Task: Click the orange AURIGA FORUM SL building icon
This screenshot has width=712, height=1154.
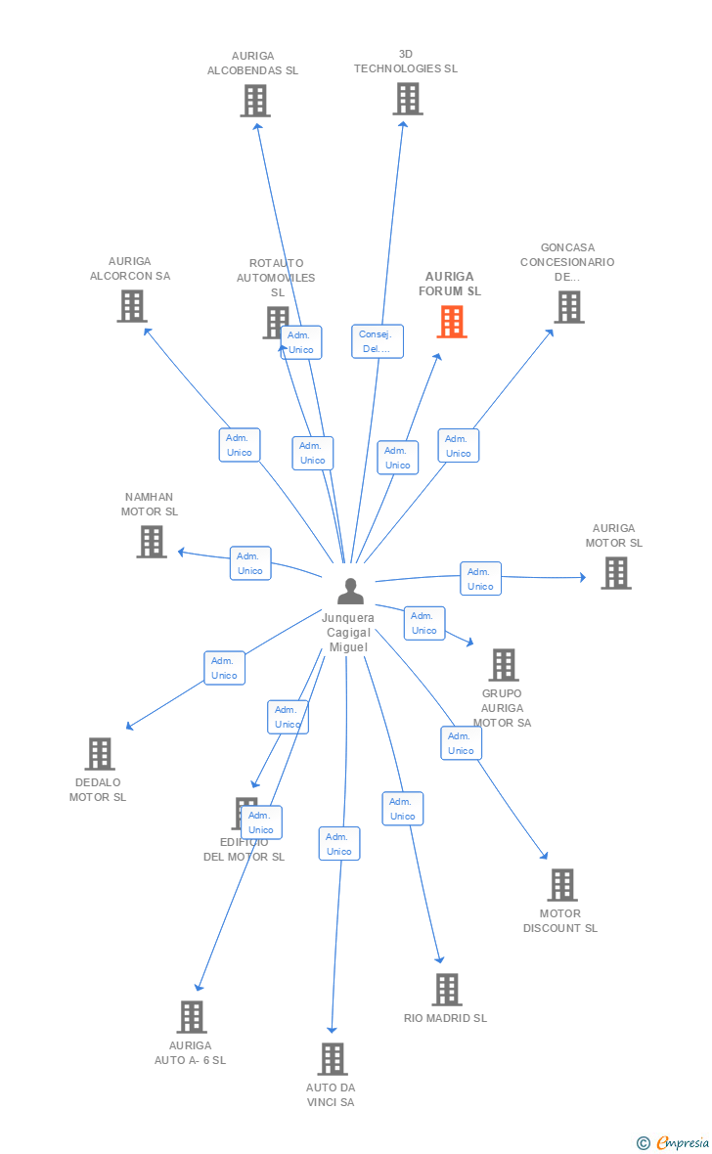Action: pyautogui.click(x=451, y=322)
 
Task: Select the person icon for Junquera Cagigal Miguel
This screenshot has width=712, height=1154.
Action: pyautogui.click(x=350, y=592)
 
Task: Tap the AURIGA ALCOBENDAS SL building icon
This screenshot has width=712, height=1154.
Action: pyautogui.click(x=254, y=101)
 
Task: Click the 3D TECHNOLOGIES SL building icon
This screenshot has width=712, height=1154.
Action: pyautogui.click(x=408, y=99)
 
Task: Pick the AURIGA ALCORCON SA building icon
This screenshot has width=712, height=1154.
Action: pyautogui.click(x=131, y=306)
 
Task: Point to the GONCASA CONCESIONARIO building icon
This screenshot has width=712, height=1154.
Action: pyautogui.click(x=568, y=306)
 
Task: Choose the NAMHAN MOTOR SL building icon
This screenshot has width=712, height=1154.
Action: pyautogui.click(x=152, y=542)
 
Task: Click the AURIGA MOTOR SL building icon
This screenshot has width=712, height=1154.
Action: pyautogui.click(x=615, y=573)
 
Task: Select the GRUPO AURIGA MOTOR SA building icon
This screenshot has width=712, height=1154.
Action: pyautogui.click(x=503, y=665)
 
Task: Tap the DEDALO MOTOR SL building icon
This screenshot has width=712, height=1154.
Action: pyautogui.click(x=100, y=754)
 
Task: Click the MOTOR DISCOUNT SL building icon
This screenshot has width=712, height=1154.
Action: pyautogui.click(x=561, y=885)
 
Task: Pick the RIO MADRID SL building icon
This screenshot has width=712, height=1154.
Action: pyautogui.click(x=446, y=990)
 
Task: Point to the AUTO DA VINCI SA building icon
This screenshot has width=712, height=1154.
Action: pyautogui.click(x=333, y=1059)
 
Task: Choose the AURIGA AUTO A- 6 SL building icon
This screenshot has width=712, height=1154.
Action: pyautogui.click(x=192, y=1017)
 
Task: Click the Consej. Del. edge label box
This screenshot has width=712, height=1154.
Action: pyautogui.click(x=378, y=341)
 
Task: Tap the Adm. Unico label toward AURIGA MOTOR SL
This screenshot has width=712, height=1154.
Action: pyautogui.click(x=480, y=579)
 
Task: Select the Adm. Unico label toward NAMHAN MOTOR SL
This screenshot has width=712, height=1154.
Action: pyautogui.click(x=250, y=563)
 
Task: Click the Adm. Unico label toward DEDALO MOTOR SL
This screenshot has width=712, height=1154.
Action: pyautogui.click(x=224, y=668)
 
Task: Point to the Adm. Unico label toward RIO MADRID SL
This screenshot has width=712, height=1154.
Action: pyautogui.click(x=402, y=809)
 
